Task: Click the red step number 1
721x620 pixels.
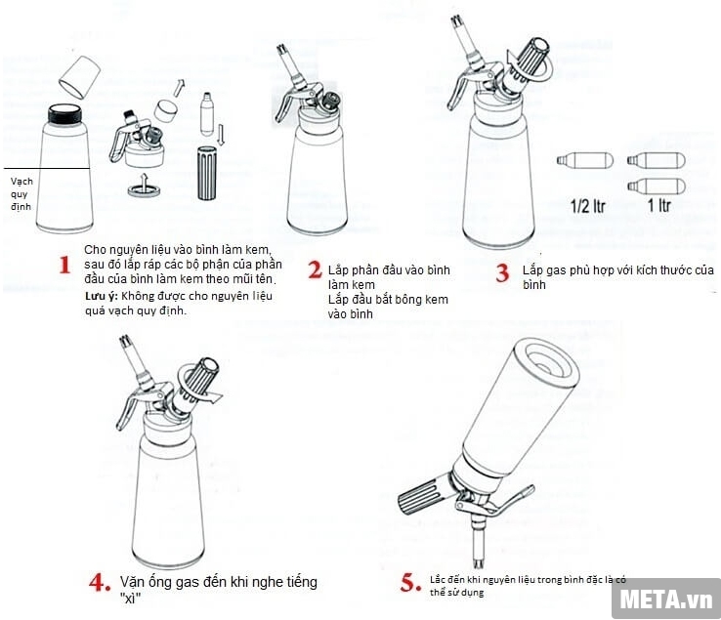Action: [x=64, y=266]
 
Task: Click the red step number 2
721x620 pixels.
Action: [x=315, y=269]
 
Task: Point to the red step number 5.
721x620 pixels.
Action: [x=410, y=583]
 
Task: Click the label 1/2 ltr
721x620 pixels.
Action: [x=585, y=207]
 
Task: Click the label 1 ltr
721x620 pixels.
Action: [x=664, y=207]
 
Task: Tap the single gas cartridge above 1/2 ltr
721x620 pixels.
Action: [x=580, y=161]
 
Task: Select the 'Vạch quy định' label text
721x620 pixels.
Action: [x=21, y=193]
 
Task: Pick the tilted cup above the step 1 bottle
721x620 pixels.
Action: [x=78, y=73]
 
